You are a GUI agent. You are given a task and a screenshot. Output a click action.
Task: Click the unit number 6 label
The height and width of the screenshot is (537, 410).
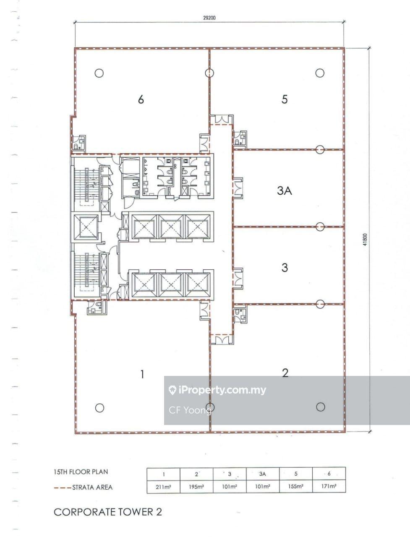tap(141, 99)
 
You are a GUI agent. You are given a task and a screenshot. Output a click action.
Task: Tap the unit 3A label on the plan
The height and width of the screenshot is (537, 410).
tap(285, 190)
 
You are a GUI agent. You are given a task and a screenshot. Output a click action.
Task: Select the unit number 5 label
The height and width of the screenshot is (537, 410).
tap(285, 99)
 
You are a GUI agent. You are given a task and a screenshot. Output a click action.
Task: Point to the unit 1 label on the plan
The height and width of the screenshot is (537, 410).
tap(142, 374)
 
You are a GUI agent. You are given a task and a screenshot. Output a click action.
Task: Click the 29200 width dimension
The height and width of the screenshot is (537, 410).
tap(209, 18)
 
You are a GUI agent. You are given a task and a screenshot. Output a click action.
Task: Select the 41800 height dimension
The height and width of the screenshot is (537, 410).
tap(365, 240)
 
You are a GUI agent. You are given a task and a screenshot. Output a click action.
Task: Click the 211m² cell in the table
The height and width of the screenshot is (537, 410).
tap(163, 487)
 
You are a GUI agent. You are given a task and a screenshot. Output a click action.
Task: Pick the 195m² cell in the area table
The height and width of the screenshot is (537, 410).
tap(196, 487)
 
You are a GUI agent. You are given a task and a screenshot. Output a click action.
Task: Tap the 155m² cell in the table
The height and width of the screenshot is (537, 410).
tap(295, 486)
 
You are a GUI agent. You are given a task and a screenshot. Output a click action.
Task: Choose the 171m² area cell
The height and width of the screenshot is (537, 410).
tap(329, 486)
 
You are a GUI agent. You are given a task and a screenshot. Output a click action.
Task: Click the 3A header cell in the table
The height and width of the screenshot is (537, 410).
tap(262, 474)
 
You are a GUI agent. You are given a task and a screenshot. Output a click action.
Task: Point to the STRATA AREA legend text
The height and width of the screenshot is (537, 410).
tap(92, 487)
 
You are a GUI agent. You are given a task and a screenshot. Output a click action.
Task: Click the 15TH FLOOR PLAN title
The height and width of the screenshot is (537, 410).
tap(81, 472)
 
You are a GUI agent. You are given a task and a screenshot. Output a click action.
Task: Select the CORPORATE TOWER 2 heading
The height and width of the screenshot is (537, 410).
tap(108, 512)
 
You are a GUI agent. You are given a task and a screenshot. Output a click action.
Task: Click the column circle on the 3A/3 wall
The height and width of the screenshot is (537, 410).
tap(320, 227)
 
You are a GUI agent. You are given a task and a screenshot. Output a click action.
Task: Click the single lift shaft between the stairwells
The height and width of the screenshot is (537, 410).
tap(86, 227)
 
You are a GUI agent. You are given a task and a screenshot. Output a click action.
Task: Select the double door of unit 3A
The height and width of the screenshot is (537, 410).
tap(238, 188)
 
